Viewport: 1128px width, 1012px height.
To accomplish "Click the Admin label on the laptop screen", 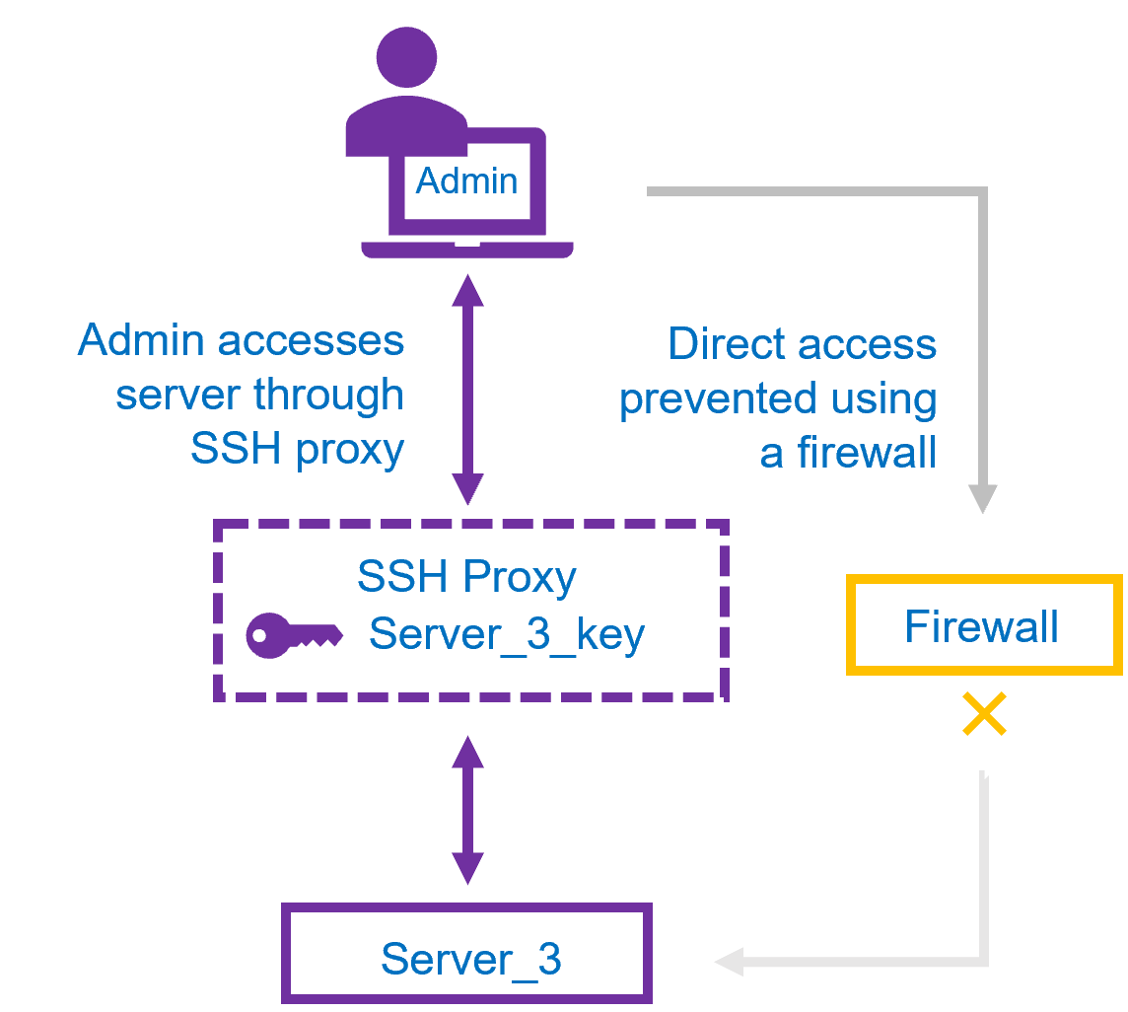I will (466, 181).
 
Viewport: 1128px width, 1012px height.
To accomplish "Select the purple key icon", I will (293, 635).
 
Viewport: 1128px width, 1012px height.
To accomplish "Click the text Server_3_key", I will (507, 634).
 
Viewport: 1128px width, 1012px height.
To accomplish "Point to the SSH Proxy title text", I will (466, 577).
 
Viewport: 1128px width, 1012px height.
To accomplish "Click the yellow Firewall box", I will (983, 625).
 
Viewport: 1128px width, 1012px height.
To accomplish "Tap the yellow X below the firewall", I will (984, 714).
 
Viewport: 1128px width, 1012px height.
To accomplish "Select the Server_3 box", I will (467, 955).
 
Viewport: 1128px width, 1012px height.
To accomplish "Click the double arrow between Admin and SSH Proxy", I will (467, 390).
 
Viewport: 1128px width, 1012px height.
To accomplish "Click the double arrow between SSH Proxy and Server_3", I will (467, 809).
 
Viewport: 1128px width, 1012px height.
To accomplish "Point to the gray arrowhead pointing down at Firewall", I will (983, 498).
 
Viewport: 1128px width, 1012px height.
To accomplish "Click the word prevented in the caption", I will (718, 399).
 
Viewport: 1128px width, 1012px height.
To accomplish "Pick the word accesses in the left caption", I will (310, 341).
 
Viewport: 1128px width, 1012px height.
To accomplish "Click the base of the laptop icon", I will (467, 249).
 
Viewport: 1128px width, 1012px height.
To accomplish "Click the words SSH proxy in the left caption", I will (297, 450).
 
